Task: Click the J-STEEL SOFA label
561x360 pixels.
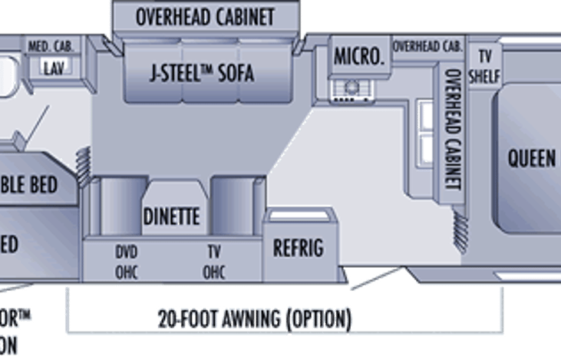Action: pyautogui.click(x=201, y=74)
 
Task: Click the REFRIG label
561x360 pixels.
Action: pyautogui.click(x=299, y=249)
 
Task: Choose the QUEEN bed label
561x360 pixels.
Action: pyautogui.click(x=532, y=159)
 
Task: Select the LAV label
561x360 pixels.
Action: pyautogui.click(x=53, y=68)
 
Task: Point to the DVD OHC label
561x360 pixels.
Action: pyautogui.click(x=126, y=261)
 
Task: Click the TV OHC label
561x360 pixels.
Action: pyautogui.click(x=213, y=261)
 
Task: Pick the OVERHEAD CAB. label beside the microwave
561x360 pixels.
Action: pyautogui.click(x=427, y=46)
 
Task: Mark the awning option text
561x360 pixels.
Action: pyautogui.click(x=255, y=318)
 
